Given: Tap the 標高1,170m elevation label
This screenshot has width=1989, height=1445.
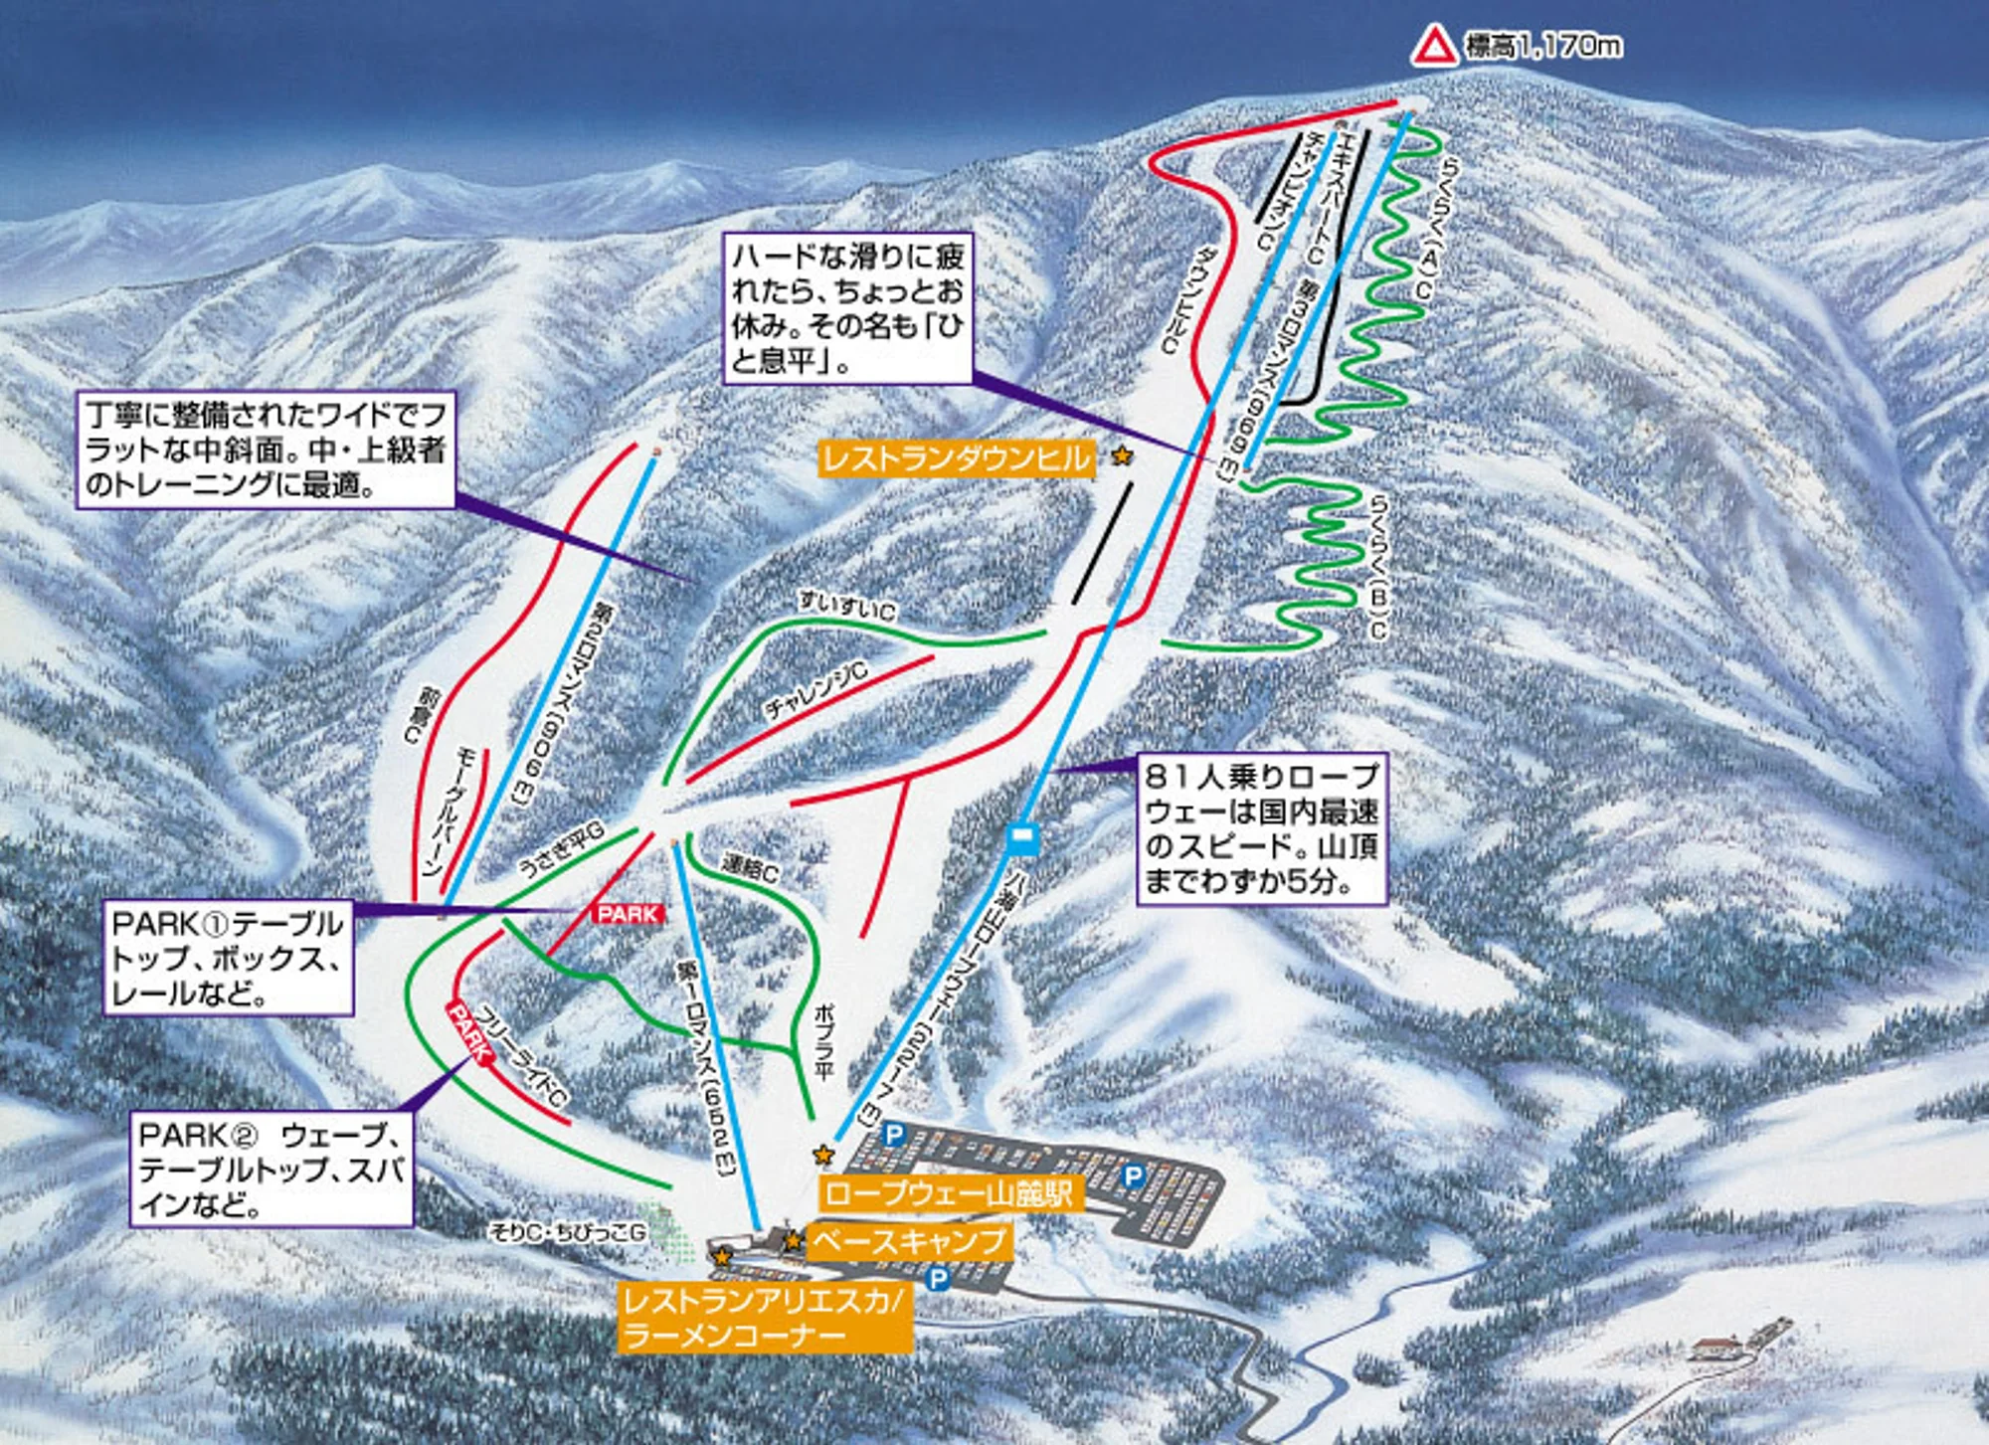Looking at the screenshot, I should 1542,46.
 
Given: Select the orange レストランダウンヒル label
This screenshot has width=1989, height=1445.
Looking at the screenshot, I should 956,458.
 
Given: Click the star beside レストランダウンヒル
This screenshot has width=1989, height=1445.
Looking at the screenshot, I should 1122,456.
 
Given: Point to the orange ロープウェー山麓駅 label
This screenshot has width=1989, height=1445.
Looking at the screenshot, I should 948,1192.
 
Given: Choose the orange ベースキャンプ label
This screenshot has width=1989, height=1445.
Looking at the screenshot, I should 909,1241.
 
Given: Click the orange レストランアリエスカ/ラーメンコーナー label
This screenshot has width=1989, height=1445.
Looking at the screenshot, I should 764,1317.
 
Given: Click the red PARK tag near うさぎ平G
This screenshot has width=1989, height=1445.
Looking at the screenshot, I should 628,913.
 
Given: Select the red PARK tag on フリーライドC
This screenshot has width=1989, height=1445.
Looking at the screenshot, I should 469,1031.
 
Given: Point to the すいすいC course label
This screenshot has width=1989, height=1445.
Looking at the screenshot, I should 846,606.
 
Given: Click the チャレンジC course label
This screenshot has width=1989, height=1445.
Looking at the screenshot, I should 815,689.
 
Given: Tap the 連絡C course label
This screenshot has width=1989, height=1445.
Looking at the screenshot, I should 750,869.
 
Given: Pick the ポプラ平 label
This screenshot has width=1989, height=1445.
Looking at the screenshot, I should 823,1040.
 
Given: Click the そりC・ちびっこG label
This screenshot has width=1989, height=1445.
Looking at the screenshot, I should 567,1232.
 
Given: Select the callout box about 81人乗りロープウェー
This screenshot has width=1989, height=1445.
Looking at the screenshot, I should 1261,828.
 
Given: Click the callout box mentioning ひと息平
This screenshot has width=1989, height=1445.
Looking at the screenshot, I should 846,308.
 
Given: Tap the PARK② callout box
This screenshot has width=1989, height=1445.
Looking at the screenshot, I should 271,1170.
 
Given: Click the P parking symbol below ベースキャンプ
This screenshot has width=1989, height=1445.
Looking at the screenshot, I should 937,1278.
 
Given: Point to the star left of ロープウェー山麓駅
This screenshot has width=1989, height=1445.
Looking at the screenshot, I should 822,1155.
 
